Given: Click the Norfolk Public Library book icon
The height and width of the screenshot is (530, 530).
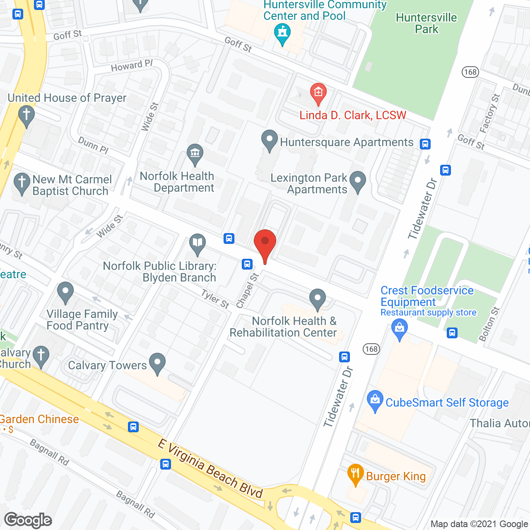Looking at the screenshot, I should tap(198, 243).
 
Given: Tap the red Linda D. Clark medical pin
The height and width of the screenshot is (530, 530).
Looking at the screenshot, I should tap(318, 93).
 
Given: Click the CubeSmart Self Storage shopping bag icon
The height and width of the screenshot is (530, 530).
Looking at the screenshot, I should tap(375, 400).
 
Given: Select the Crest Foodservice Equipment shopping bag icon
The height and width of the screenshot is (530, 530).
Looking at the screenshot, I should tap(399, 329).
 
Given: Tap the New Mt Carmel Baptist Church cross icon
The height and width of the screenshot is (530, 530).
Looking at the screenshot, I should tap(22, 183).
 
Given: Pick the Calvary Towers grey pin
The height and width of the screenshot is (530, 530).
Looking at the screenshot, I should tap(157, 363).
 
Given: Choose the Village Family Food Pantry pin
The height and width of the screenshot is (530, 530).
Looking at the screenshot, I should tap(65, 291).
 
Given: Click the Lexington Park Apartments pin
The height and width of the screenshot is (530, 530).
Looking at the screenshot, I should tap(358, 181).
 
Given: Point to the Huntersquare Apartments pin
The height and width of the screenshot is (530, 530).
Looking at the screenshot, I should tap(269, 140).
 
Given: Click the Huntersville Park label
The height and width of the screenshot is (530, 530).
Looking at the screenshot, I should tap(426, 23).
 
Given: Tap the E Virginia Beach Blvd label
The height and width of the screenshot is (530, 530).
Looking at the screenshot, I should tap(210, 468).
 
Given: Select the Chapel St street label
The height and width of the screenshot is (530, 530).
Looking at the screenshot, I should tap(247, 290).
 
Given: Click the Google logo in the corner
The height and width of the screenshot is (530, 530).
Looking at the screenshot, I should tap(28, 520).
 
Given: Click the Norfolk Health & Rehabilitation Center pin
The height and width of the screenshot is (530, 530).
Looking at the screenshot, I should tap(318, 299).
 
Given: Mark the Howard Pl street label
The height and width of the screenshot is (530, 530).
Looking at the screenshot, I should tap(132, 65).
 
